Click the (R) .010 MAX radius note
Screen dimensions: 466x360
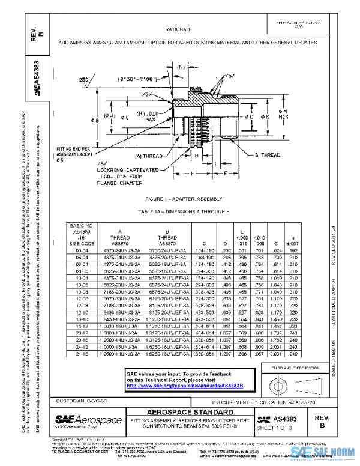pos(144,114)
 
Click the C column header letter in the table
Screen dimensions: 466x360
pos(198,243)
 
